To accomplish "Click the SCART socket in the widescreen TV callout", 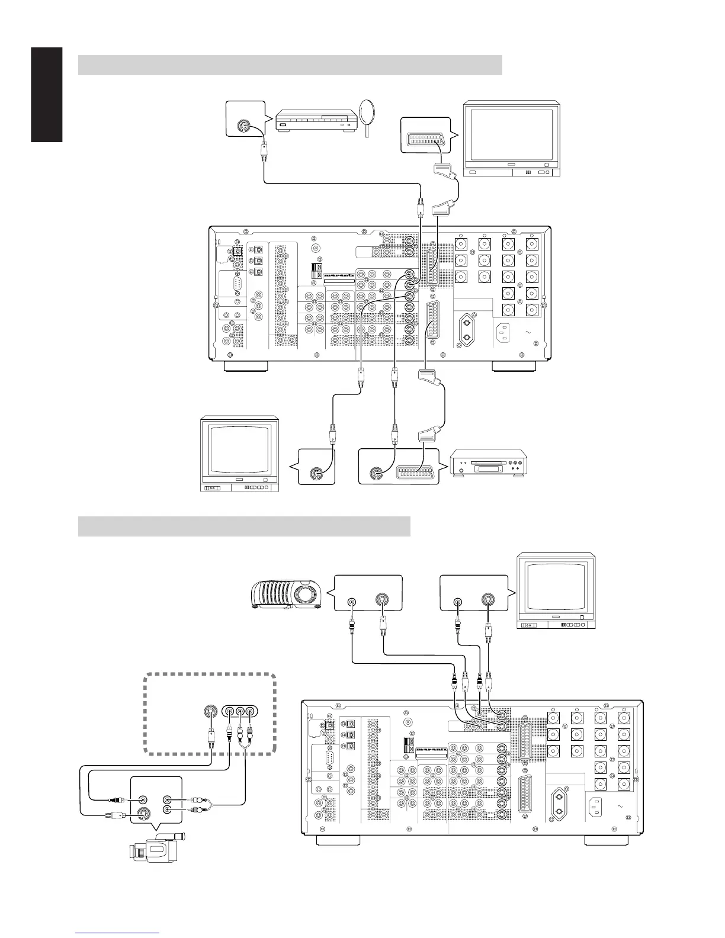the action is click(x=425, y=140).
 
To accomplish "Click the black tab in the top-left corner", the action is click(x=46, y=95).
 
